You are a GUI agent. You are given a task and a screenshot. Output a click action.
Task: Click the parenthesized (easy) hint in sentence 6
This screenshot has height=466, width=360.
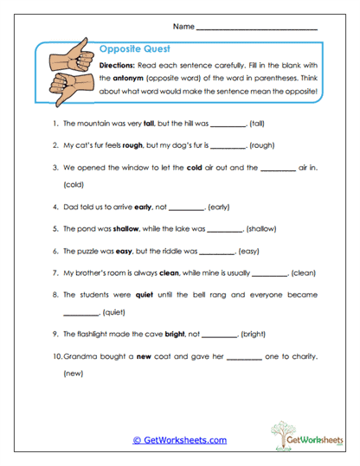pos(249,251)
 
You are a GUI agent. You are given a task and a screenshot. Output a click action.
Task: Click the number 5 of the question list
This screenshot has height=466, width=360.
pos(55,229)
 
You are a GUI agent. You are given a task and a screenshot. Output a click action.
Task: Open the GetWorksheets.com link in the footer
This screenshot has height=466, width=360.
pos(179,440)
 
